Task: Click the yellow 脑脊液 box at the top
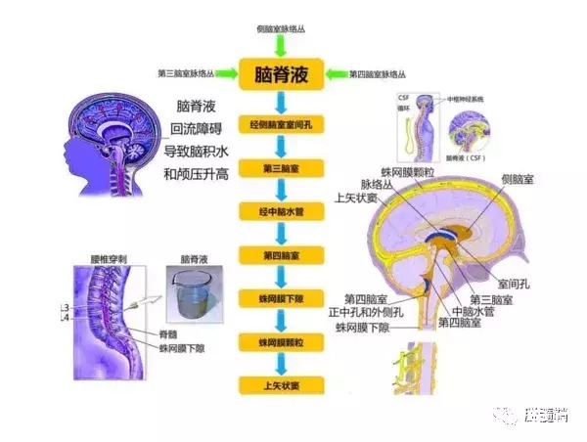[x=281, y=74]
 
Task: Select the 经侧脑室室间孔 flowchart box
[x=281, y=127]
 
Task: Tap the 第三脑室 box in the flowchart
[x=281, y=169]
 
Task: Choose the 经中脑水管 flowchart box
[x=281, y=211]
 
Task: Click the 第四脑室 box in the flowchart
[x=281, y=254]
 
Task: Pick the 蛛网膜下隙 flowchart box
[x=281, y=297]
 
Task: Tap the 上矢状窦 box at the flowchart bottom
[x=281, y=384]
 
